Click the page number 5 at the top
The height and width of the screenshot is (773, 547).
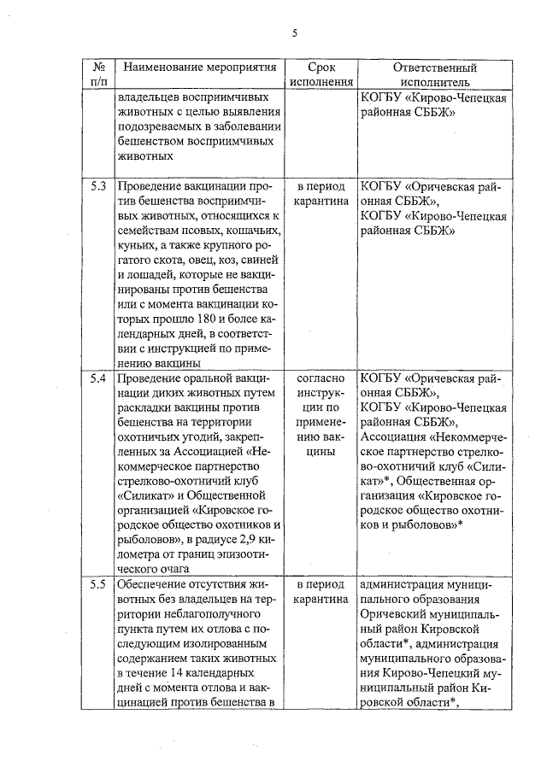click(x=294, y=33)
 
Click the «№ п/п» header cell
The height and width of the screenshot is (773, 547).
click(x=98, y=74)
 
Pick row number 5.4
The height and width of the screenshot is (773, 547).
click(x=98, y=378)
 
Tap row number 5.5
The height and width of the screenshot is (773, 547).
click(x=98, y=585)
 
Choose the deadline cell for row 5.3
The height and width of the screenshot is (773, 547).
click(x=321, y=193)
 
